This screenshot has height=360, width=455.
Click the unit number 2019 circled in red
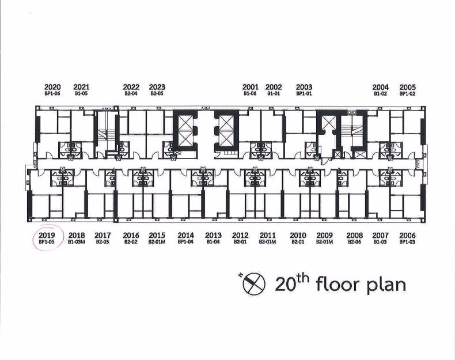47,235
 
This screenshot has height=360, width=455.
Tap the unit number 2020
52,87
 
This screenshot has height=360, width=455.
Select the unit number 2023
157,87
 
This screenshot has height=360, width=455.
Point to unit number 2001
250,87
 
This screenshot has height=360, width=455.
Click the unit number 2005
407,87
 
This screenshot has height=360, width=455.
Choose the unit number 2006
407,235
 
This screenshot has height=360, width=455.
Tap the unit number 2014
185,235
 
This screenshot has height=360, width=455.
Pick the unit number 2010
298,235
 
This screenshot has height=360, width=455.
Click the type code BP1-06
52,94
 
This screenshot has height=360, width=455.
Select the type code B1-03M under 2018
77,242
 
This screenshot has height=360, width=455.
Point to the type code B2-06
354,242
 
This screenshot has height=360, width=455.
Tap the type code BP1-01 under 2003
304,94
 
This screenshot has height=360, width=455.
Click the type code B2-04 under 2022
131,94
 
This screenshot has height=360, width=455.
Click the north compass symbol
253,283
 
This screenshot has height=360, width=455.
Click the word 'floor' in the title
336,285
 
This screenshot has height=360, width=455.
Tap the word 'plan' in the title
386,286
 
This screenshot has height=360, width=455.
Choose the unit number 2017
103,235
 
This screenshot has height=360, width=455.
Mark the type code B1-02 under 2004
381,94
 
